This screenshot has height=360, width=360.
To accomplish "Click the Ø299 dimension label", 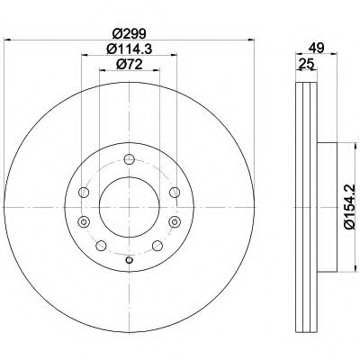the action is click(x=130, y=33).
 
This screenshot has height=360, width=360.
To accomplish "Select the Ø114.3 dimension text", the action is click(x=130, y=49).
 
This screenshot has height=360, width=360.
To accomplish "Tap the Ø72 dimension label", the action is click(x=130, y=64).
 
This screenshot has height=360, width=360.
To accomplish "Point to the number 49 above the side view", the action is click(x=317, y=48).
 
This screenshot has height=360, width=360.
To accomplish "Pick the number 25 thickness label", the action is click(x=306, y=64).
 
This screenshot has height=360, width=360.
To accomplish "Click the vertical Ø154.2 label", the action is click(x=350, y=207).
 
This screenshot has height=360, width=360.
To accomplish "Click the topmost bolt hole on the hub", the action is click(x=129, y=159).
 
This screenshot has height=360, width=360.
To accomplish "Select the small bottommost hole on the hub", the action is click(x=129, y=260).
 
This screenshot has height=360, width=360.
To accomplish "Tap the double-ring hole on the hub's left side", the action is click(x=84, y=222).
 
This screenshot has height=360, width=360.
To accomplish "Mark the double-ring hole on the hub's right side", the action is click(x=175, y=222).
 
